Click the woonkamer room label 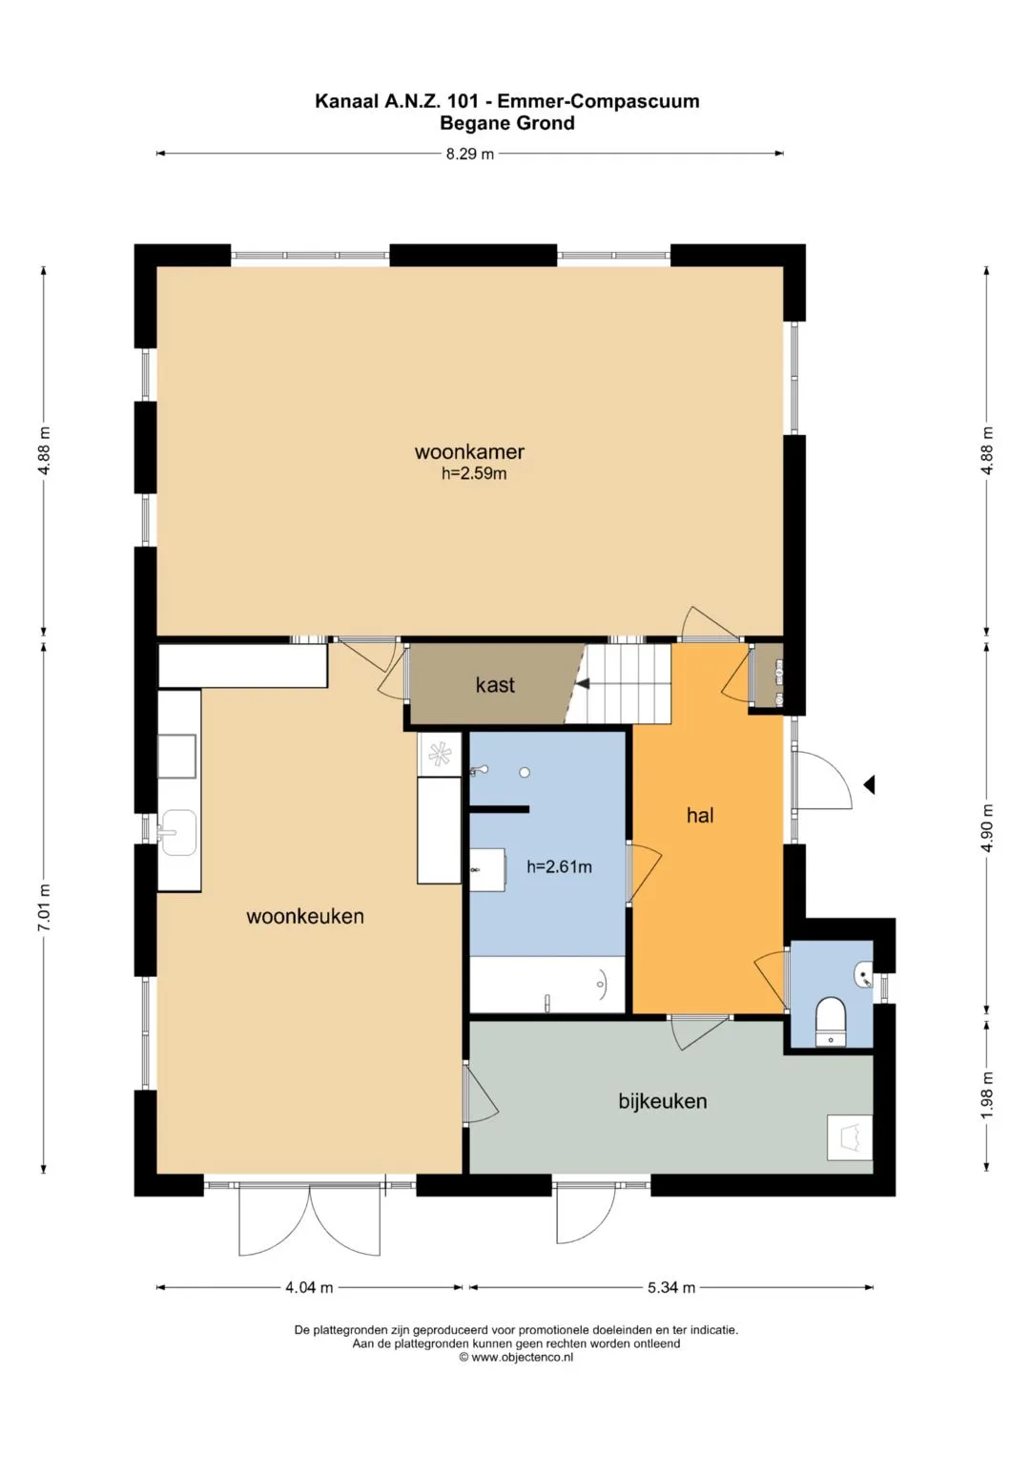[469, 451]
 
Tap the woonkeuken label [305, 917]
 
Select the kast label [495, 684]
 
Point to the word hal [700, 815]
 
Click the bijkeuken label [663, 1101]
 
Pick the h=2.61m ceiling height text [559, 866]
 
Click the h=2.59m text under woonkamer [474, 473]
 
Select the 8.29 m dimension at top [469, 155]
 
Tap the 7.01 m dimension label [44, 907]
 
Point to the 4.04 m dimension [309, 1287]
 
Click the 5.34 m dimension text [671, 1287]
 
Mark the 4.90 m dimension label [986, 828]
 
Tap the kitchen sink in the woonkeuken [178, 832]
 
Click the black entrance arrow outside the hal [869, 785]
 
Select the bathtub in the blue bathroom [547, 984]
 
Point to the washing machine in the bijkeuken [849, 1137]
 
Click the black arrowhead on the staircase [583, 683]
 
